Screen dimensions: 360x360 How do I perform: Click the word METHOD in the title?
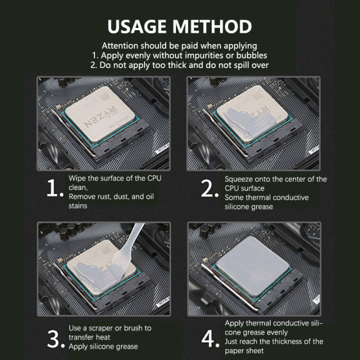click(216, 26)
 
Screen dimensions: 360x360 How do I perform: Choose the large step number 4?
click(210, 338)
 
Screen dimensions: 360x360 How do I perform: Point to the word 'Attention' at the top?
click(119, 45)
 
